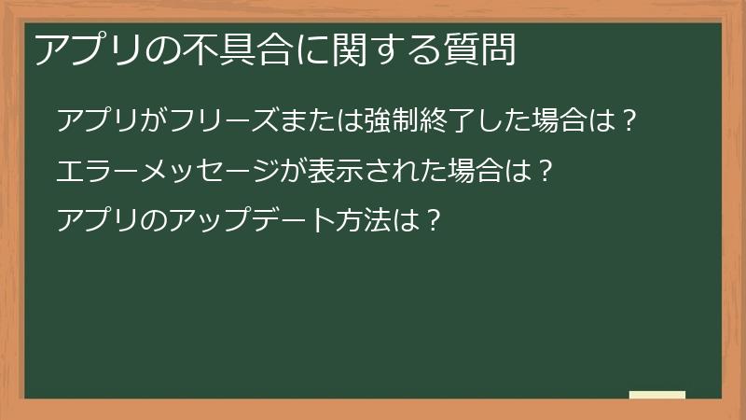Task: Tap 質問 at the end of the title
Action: pos(478,49)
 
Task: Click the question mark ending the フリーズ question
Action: pos(629,121)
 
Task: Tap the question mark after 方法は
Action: pos(431,222)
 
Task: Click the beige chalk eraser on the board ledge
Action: pos(657,396)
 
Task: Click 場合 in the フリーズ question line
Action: pos(558,121)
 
